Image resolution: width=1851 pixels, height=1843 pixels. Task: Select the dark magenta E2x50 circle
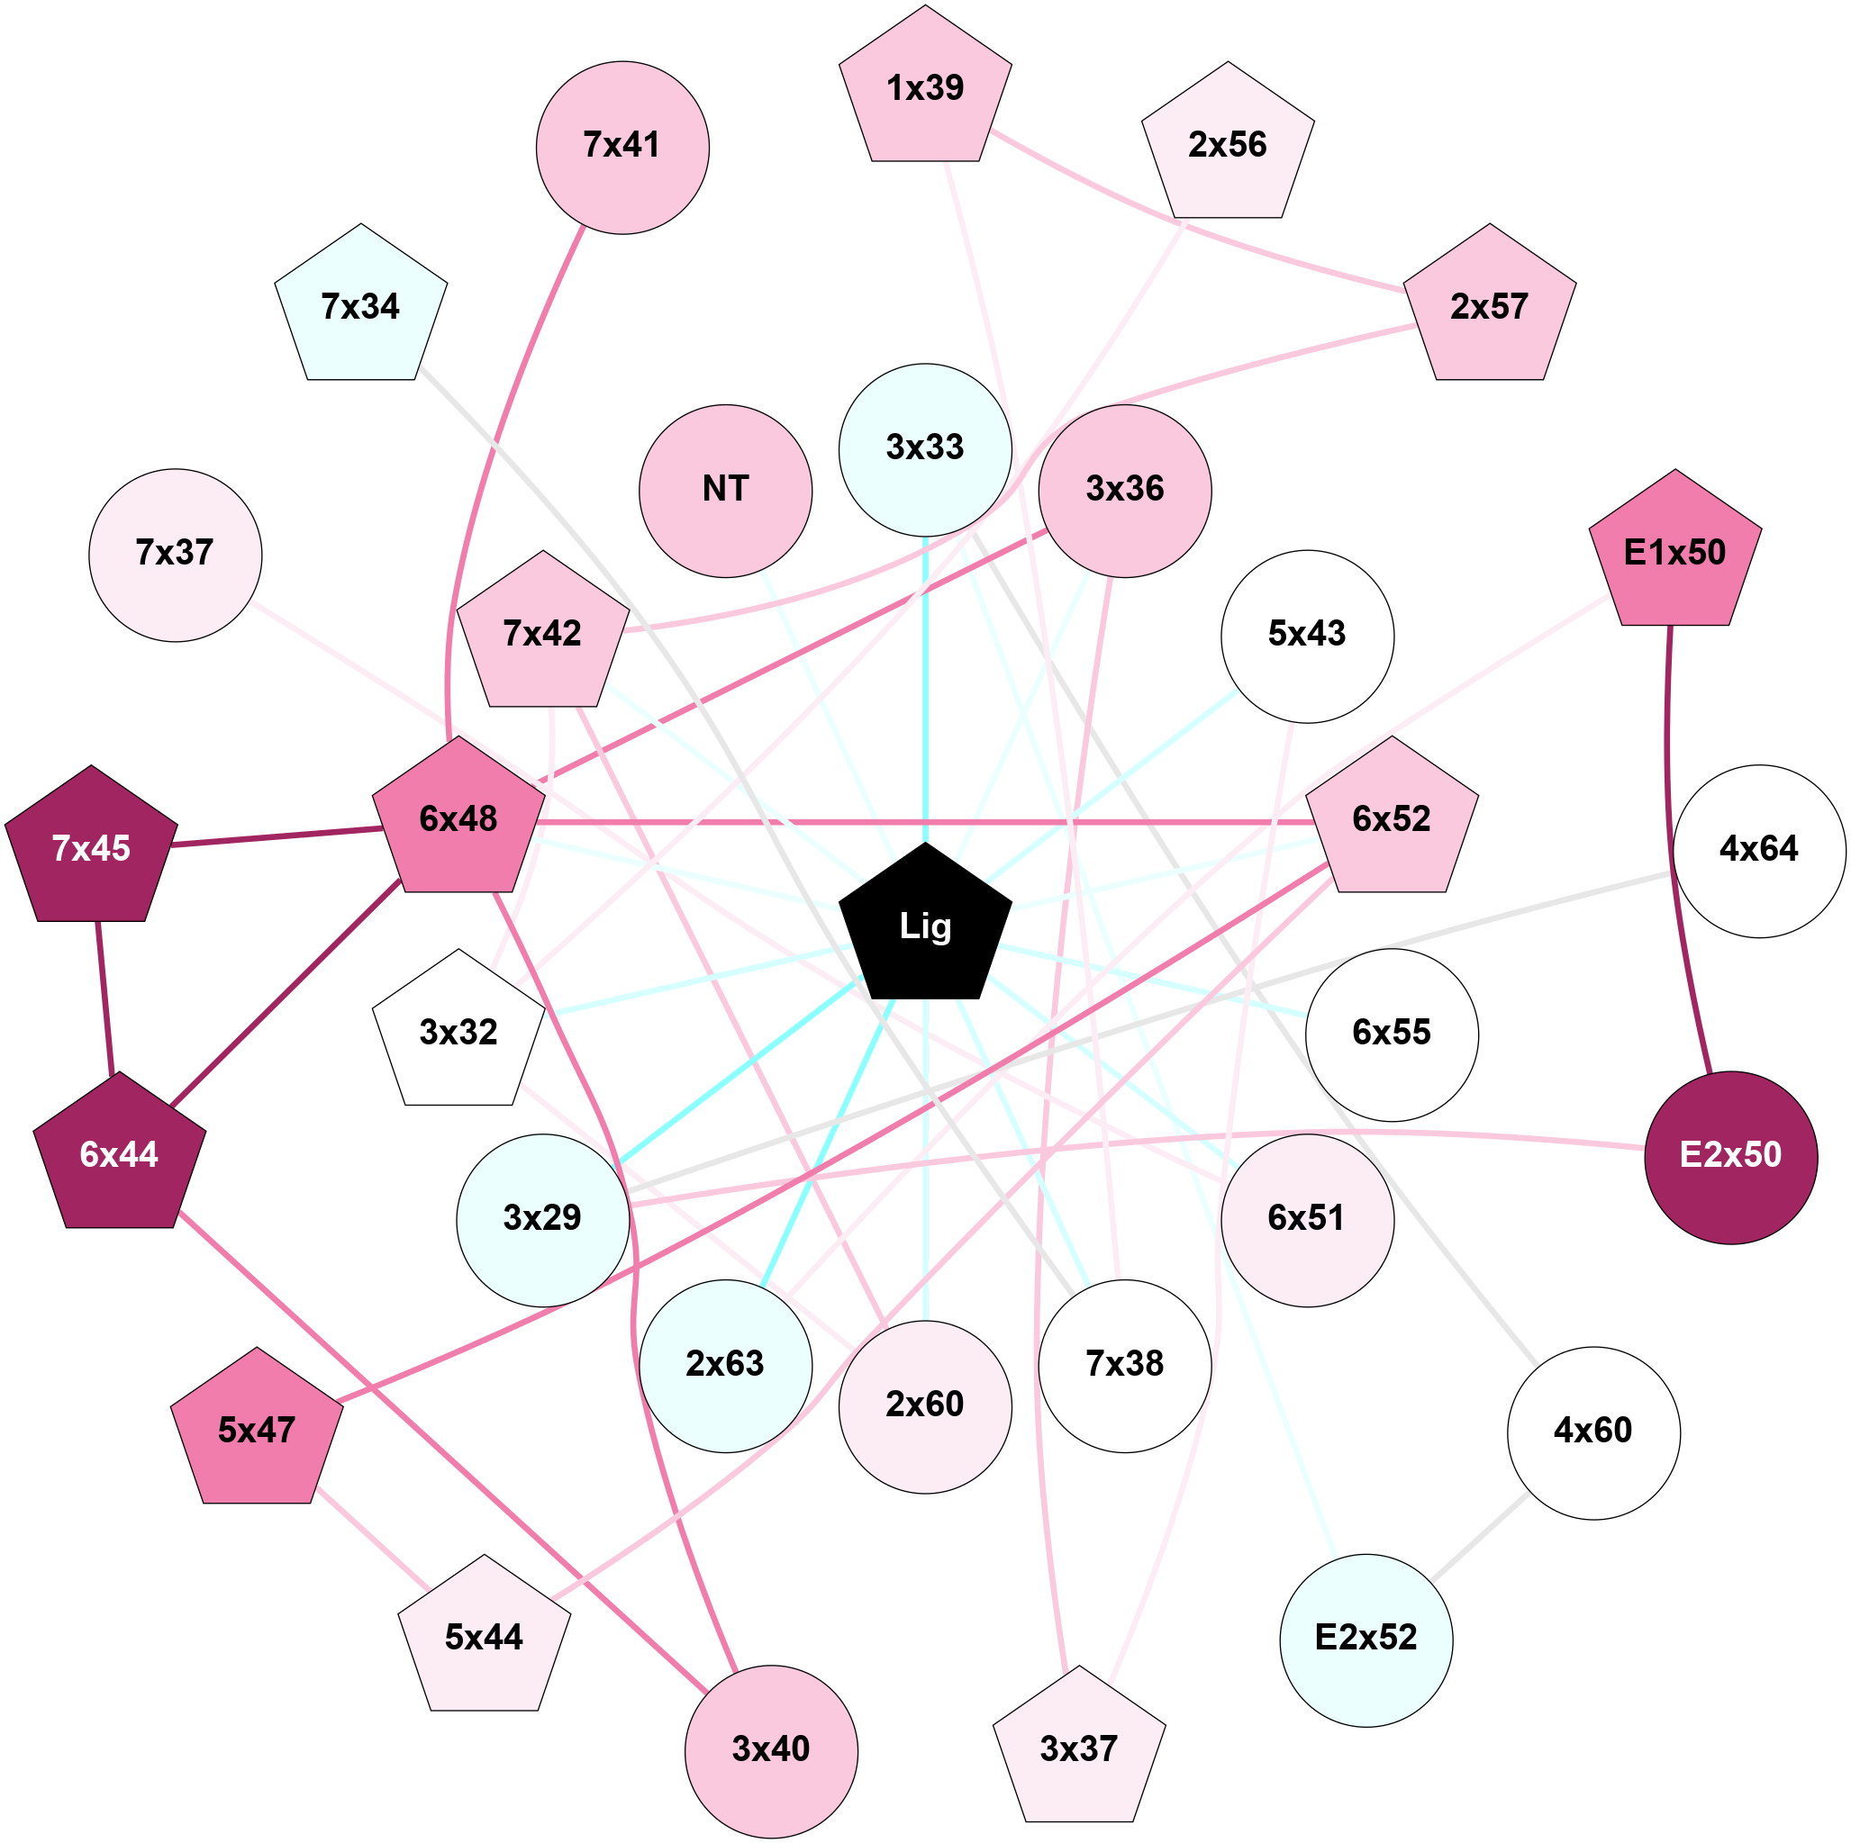[x=1730, y=1157]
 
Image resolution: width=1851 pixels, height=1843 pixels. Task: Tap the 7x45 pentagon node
[x=91, y=849]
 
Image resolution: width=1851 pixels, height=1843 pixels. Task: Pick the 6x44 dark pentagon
[x=119, y=1155]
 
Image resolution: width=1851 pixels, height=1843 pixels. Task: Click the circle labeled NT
[x=725, y=491]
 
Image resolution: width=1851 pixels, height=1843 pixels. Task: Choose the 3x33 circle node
[x=924, y=449]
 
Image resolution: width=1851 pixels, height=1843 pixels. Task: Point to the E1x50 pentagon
[x=1674, y=553]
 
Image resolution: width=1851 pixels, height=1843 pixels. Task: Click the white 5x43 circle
[x=1307, y=636]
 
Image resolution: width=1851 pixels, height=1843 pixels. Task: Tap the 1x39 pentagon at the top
[x=924, y=89]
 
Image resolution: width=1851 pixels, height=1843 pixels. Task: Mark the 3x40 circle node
[x=770, y=1751]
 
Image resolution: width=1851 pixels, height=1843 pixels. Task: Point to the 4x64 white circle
[x=1759, y=851]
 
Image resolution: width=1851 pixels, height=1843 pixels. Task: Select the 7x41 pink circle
[x=622, y=148]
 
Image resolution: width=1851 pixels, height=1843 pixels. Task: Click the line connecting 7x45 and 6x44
[x=104, y=996]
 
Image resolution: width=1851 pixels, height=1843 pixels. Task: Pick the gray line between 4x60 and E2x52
[x=1479, y=1535]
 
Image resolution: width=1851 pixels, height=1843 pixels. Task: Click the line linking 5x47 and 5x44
[x=374, y=1539]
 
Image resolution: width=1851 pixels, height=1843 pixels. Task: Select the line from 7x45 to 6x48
[x=277, y=836]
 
